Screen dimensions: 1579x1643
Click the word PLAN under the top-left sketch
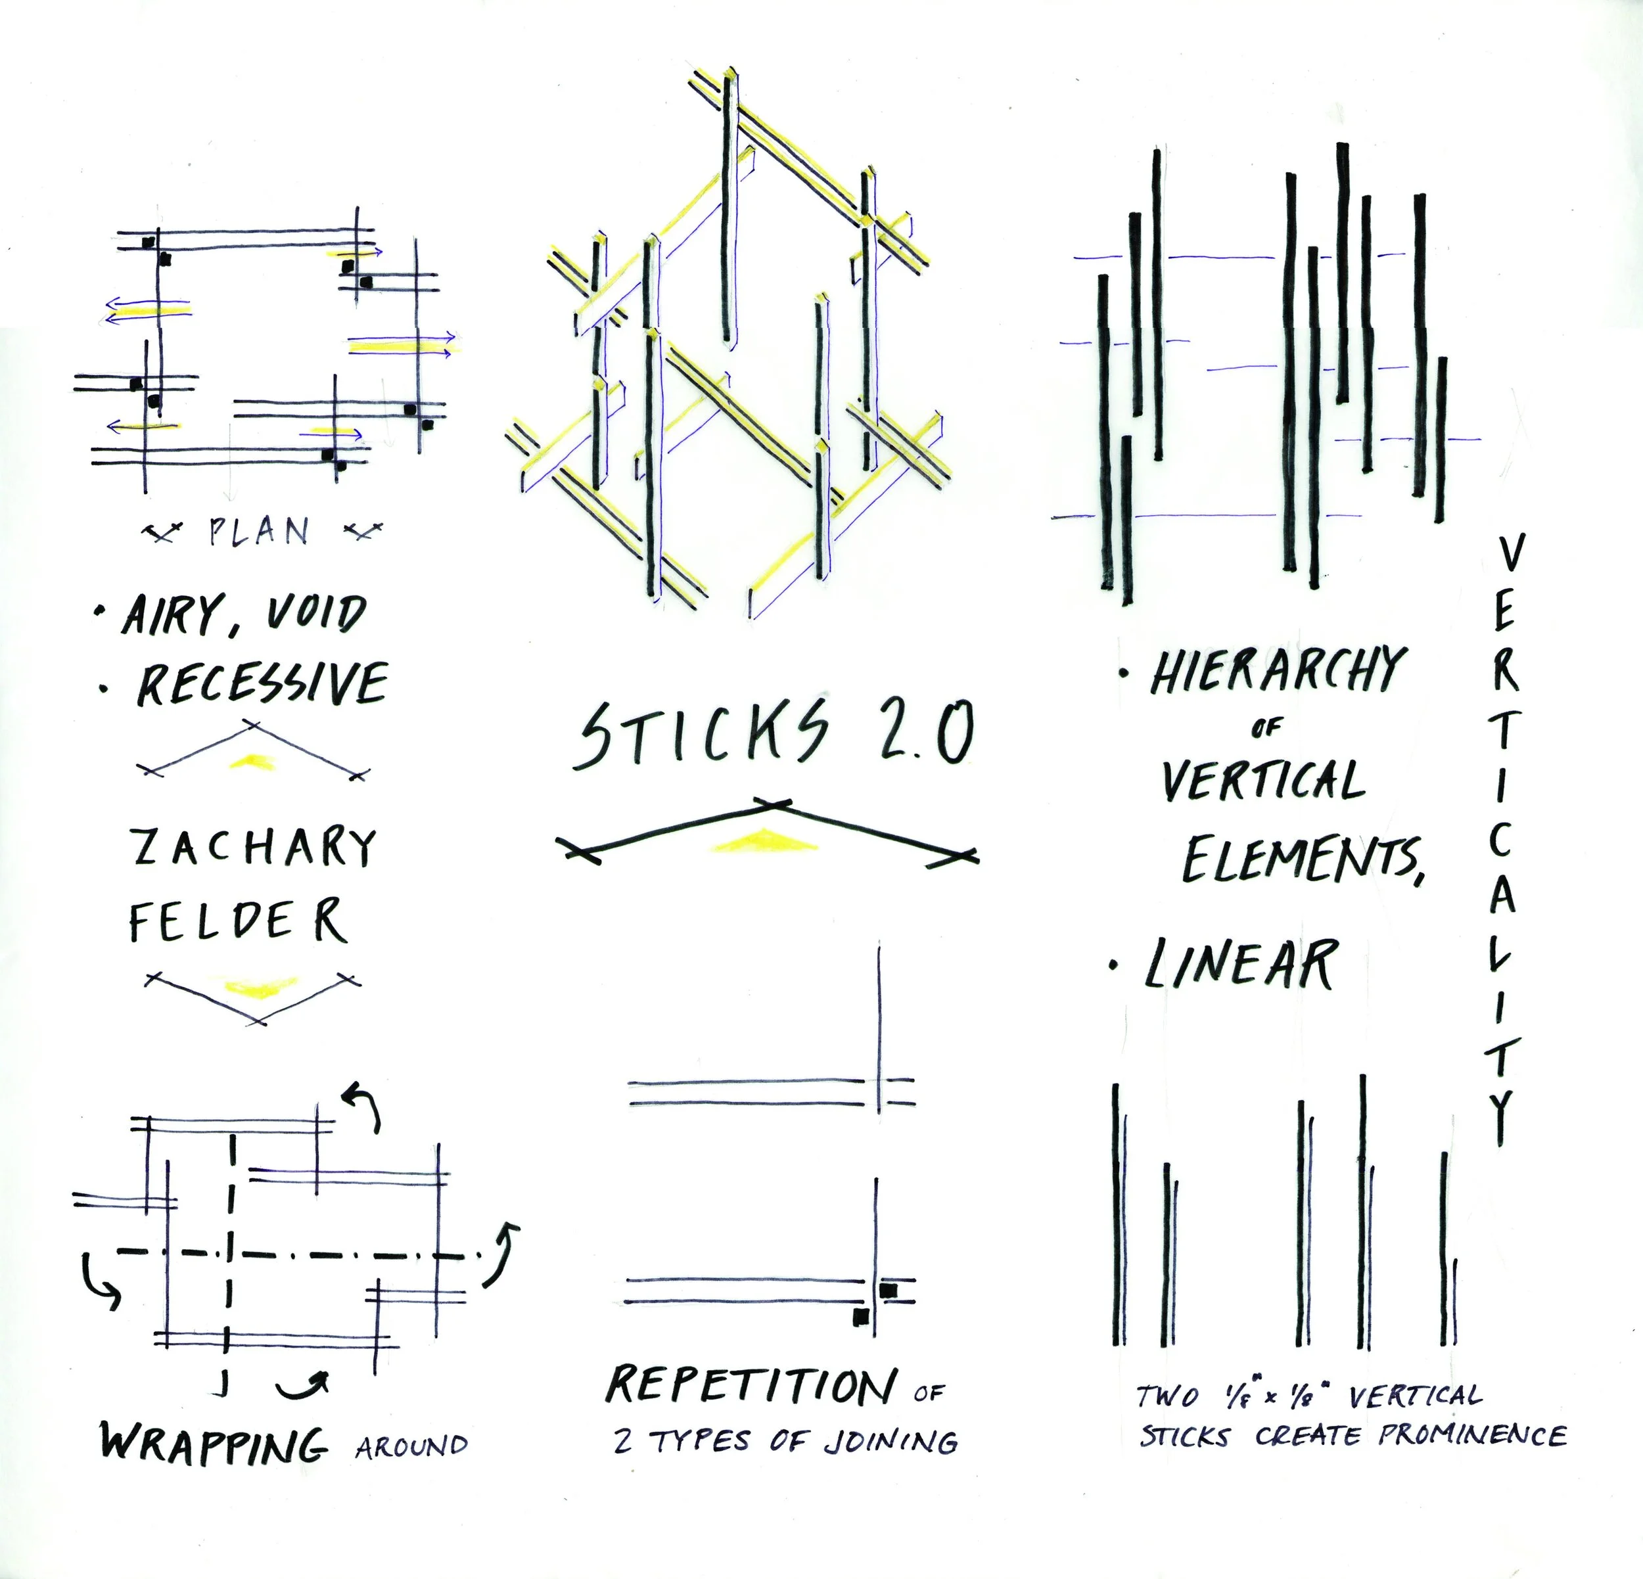[258, 532]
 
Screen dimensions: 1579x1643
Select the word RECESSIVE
[262, 683]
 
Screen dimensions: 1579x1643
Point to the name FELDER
[238, 920]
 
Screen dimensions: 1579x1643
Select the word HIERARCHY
[1275, 670]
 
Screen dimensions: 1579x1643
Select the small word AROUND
[411, 1446]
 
